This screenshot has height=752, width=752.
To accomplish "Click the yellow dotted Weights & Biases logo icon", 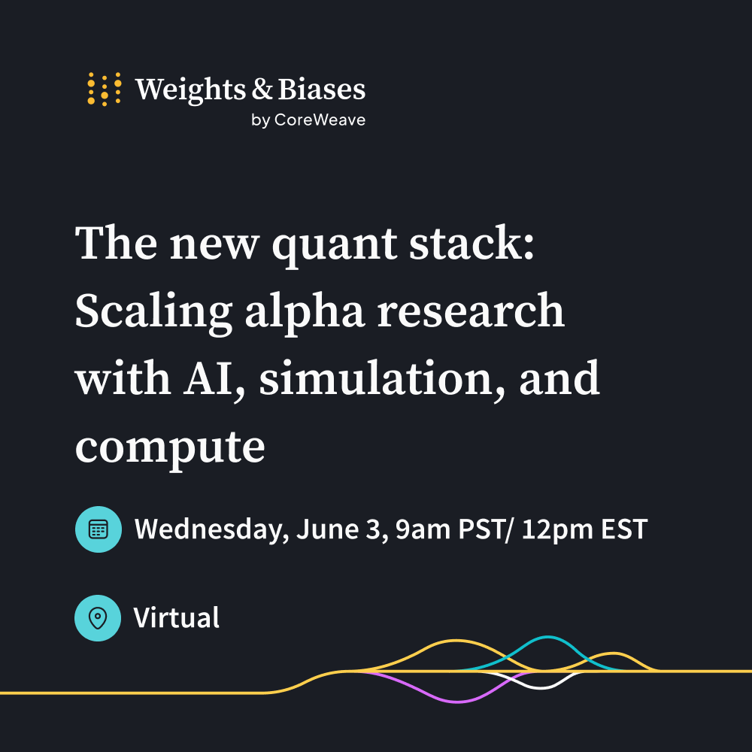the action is (104, 89).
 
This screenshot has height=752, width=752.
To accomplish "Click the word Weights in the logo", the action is (191, 89).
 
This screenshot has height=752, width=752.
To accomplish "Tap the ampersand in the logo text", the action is (262, 89).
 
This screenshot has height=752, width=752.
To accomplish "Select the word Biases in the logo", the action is (321, 89).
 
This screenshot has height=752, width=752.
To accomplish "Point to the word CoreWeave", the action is (320, 120).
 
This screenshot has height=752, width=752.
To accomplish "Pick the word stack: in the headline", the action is (472, 243).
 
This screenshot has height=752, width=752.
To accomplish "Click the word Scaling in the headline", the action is (153, 313).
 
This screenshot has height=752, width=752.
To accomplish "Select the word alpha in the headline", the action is (305, 313).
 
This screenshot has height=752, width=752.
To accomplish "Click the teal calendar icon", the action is (99, 529).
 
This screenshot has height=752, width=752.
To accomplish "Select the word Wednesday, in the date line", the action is (211, 530).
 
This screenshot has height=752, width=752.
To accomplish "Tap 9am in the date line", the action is (423, 529).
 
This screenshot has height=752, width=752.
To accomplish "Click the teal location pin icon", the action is (98, 618).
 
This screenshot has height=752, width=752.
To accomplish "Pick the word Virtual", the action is (177, 617).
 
